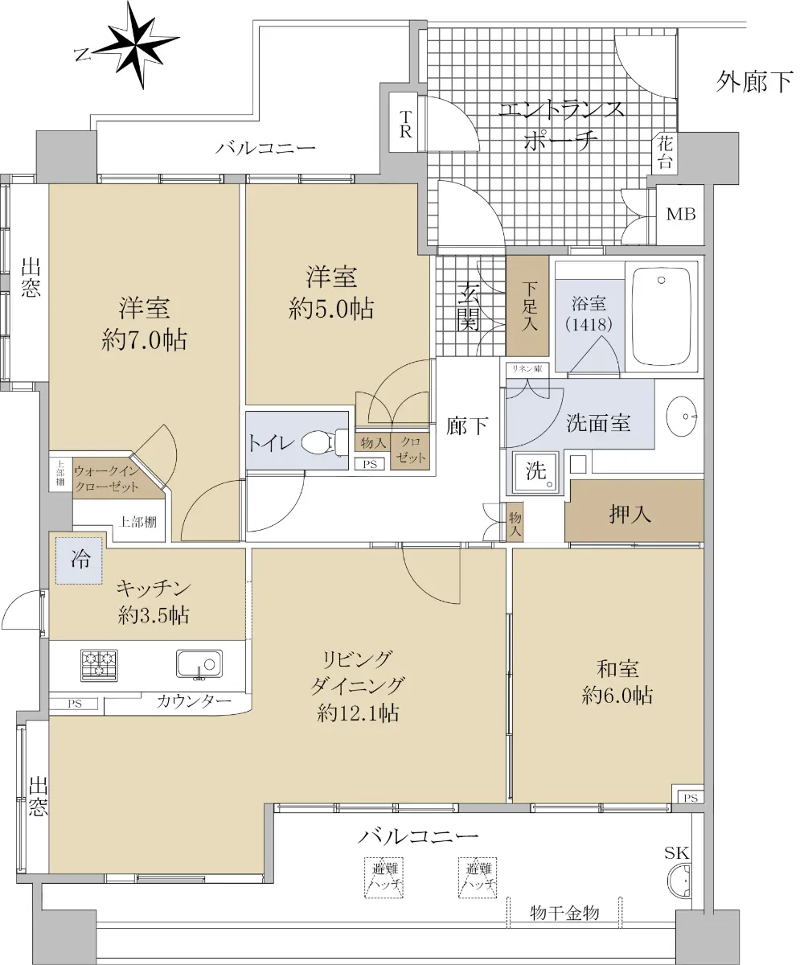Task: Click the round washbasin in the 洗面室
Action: (682, 416)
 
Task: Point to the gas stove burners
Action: (99, 665)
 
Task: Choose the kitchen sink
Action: (199, 664)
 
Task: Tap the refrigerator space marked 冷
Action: (79, 561)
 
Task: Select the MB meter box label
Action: (680, 214)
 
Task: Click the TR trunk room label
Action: (404, 124)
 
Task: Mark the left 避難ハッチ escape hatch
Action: (383, 877)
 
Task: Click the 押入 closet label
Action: (630, 514)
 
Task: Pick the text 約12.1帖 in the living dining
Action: (358, 713)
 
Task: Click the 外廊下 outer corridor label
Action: (755, 81)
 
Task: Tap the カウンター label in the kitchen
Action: (194, 701)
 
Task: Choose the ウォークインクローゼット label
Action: (106, 478)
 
